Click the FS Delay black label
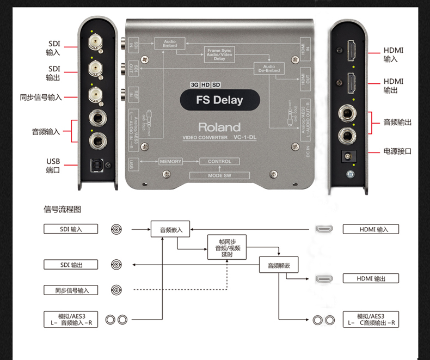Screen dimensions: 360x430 tap(219, 100)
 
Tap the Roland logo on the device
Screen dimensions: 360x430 tap(219, 127)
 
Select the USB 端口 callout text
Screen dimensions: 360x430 tap(53, 166)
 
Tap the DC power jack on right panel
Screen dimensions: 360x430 tap(346, 156)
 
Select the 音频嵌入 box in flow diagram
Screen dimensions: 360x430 tap(167, 230)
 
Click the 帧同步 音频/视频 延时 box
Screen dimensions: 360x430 tap(227, 248)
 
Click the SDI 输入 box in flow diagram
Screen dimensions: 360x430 tap(71, 229)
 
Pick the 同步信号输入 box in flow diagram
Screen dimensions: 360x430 tap(71, 290)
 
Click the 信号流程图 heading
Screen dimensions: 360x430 tap(62, 210)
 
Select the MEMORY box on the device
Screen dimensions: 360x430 tap(171, 162)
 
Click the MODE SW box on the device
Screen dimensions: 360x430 tap(219, 175)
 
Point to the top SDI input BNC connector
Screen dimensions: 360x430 tap(96, 41)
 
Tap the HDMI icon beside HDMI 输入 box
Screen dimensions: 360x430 tap(325, 230)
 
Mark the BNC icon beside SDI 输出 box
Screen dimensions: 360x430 tap(116, 265)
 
